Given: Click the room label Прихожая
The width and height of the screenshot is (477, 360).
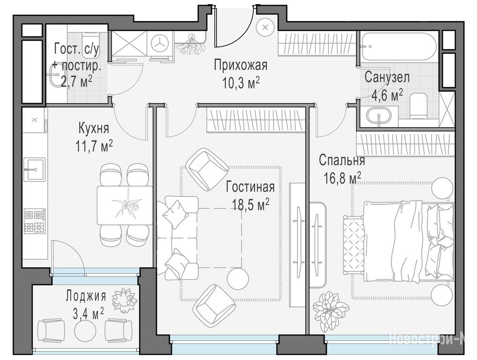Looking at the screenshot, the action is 240,66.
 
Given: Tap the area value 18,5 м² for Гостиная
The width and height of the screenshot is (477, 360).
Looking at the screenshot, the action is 250,204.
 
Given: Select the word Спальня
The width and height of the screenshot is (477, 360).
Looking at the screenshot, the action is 342,160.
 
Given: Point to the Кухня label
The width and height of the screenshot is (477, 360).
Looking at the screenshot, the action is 94,128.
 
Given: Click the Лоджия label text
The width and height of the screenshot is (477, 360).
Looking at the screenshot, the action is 86,296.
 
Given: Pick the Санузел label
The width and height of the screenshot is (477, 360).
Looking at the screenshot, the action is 387,77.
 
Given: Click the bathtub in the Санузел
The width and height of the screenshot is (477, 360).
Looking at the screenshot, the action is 399,46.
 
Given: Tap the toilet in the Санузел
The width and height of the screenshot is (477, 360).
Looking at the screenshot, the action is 418,106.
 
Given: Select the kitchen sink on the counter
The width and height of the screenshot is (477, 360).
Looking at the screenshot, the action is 34,170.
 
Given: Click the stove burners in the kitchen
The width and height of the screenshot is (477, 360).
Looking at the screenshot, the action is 35,221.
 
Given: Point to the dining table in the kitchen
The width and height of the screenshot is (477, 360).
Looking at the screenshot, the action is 125,205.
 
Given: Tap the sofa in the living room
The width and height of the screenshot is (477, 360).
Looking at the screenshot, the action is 178,238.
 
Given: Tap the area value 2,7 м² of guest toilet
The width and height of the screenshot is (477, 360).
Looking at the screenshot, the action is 77,82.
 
